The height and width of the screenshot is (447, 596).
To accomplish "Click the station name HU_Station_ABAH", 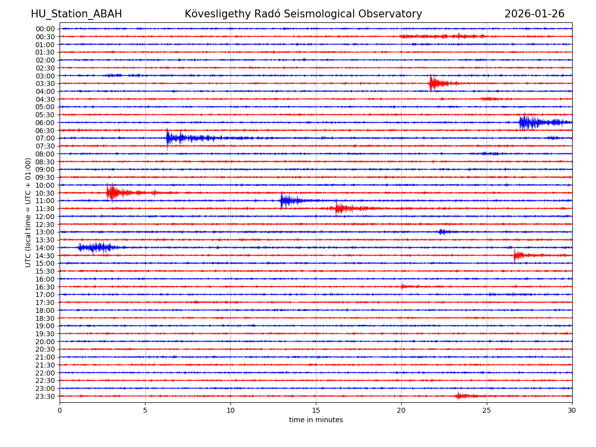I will tap(76, 14).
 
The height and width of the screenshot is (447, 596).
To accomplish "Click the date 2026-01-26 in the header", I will tap(534, 14).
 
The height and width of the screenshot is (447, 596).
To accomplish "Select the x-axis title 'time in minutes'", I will tap(316, 420).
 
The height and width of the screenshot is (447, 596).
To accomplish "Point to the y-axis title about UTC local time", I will tap(28, 212).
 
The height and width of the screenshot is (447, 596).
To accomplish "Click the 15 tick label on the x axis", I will tap(316, 410).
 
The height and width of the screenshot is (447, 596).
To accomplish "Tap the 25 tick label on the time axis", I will tap(487, 410).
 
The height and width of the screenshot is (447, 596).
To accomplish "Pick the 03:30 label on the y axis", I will tap(45, 83).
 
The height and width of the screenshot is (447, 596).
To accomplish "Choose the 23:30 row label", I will tap(45, 396).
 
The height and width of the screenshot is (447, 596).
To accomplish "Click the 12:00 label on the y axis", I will tap(45, 217).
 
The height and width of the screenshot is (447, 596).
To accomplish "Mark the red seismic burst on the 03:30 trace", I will tap(434, 83).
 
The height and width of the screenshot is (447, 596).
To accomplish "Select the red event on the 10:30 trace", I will tap(113, 192).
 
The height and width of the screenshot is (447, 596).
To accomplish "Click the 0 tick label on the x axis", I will tap(60, 410).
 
